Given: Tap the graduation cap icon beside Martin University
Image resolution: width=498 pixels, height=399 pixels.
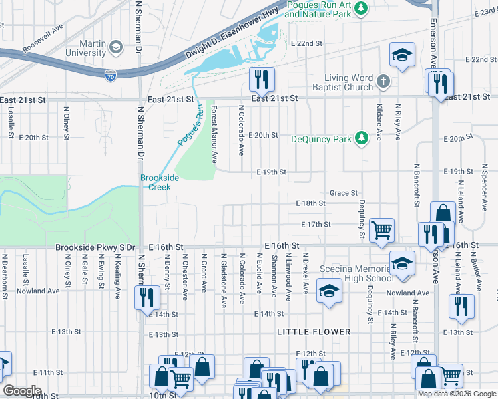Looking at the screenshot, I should pos(116,47).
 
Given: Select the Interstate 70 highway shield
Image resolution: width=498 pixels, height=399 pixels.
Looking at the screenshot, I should pos(111,76).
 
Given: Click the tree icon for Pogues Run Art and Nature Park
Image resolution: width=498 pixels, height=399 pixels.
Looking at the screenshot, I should pos(360,7).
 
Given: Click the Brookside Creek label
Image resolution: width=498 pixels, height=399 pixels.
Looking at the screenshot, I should pos(155,182).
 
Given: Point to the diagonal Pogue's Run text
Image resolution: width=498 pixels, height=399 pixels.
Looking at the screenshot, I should pos(190,126).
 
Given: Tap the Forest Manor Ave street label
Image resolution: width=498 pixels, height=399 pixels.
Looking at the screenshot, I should pos(214,134).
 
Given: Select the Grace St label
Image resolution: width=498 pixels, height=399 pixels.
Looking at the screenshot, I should pos(344,193).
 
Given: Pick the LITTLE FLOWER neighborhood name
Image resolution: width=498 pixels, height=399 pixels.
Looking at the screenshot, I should pos(315,331).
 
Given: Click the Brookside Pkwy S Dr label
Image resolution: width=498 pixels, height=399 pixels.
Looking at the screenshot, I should pos(95,247).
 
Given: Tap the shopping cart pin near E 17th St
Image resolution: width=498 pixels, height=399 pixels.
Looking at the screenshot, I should pos(381,230).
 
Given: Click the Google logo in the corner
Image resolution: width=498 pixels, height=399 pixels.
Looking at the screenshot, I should pos(22,391).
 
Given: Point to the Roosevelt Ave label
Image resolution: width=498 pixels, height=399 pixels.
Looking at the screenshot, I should pos(41,38).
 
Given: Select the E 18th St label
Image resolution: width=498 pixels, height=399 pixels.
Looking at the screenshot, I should pos(310,203).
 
